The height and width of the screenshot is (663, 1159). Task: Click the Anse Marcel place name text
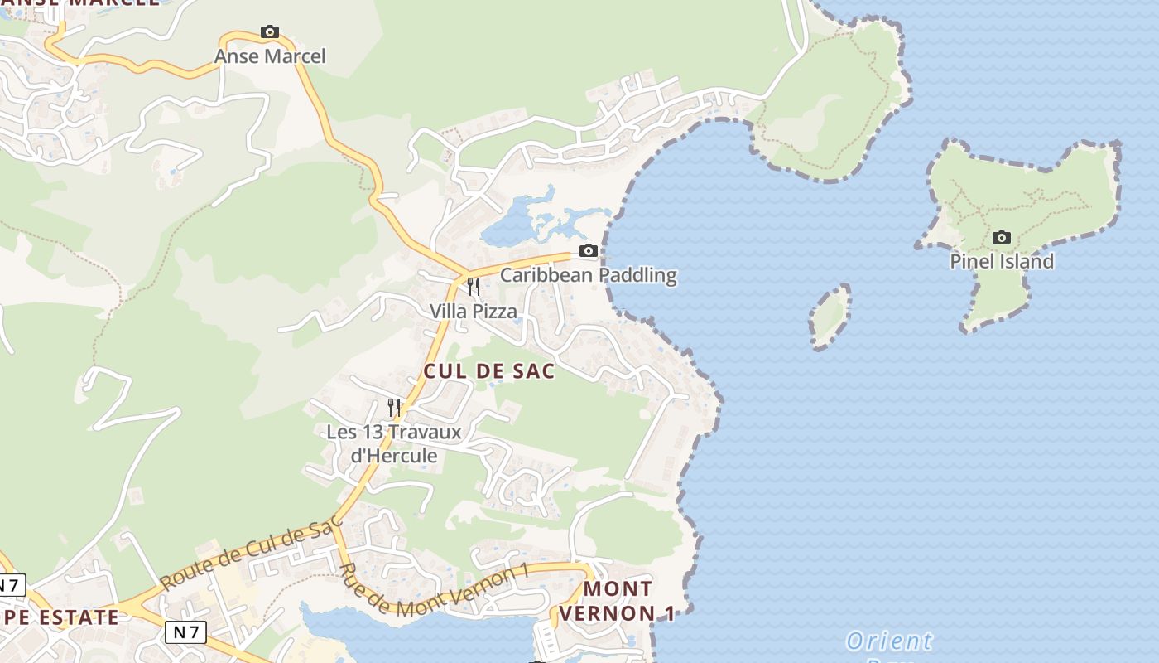(x=270, y=56)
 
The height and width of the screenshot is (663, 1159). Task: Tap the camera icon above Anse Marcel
(x=269, y=32)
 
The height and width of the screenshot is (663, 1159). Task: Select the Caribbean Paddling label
(x=588, y=275)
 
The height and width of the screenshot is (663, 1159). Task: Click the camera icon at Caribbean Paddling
(x=588, y=251)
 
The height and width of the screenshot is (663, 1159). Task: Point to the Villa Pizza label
(x=473, y=312)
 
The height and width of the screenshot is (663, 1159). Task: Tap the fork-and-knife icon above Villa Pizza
(x=474, y=287)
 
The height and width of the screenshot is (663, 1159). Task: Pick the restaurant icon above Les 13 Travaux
(x=394, y=407)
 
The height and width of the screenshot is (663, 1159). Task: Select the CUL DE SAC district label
(x=489, y=371)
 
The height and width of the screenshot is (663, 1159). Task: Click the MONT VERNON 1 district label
(x=618, y=601)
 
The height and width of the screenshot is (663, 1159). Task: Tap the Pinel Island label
(x=1002, y=262)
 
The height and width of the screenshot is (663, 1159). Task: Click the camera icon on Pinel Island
(x=1002, y=238)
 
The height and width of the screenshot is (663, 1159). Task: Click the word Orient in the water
(x=888, y=641)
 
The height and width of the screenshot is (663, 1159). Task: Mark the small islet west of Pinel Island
(x=830, y=316)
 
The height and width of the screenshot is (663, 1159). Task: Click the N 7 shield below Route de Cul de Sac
(x=185, y=632)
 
